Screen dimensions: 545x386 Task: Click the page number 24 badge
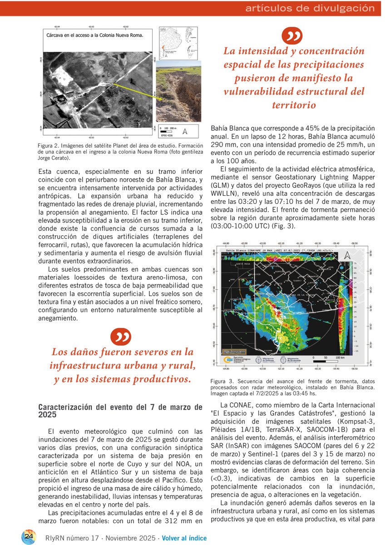[30, 536]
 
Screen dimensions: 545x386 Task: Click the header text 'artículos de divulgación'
[310, 8]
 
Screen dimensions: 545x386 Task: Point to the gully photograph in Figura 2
[178, 94]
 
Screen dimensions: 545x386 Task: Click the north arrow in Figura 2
[185, 132]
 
